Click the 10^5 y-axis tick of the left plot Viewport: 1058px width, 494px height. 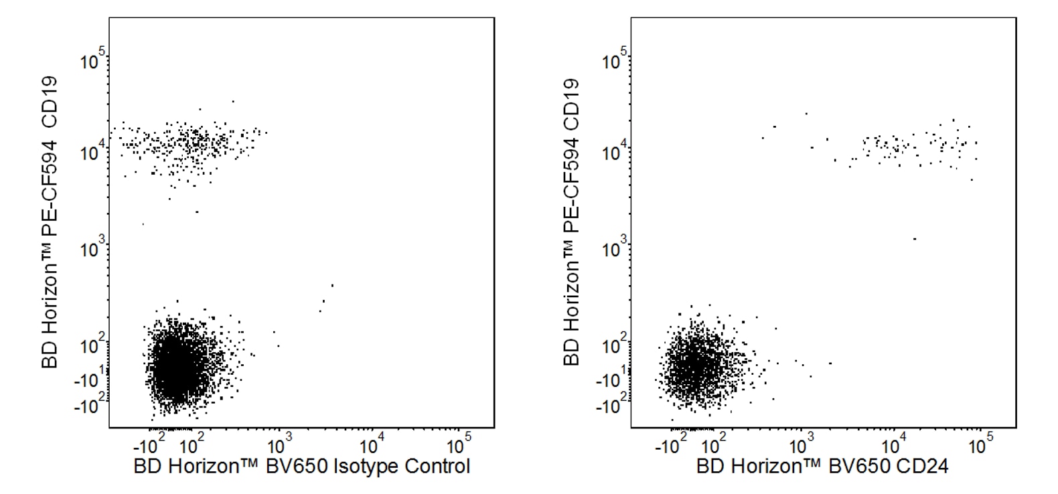94,62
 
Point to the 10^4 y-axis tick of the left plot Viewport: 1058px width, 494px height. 94,153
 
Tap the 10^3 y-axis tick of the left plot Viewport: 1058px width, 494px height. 94,250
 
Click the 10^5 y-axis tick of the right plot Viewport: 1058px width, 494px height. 615,62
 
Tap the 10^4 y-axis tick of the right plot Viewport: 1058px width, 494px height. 615,153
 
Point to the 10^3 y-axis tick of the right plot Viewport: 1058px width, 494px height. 615,250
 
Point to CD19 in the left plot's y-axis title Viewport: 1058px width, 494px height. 50,104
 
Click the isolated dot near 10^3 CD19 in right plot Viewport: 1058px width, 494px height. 915,239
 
